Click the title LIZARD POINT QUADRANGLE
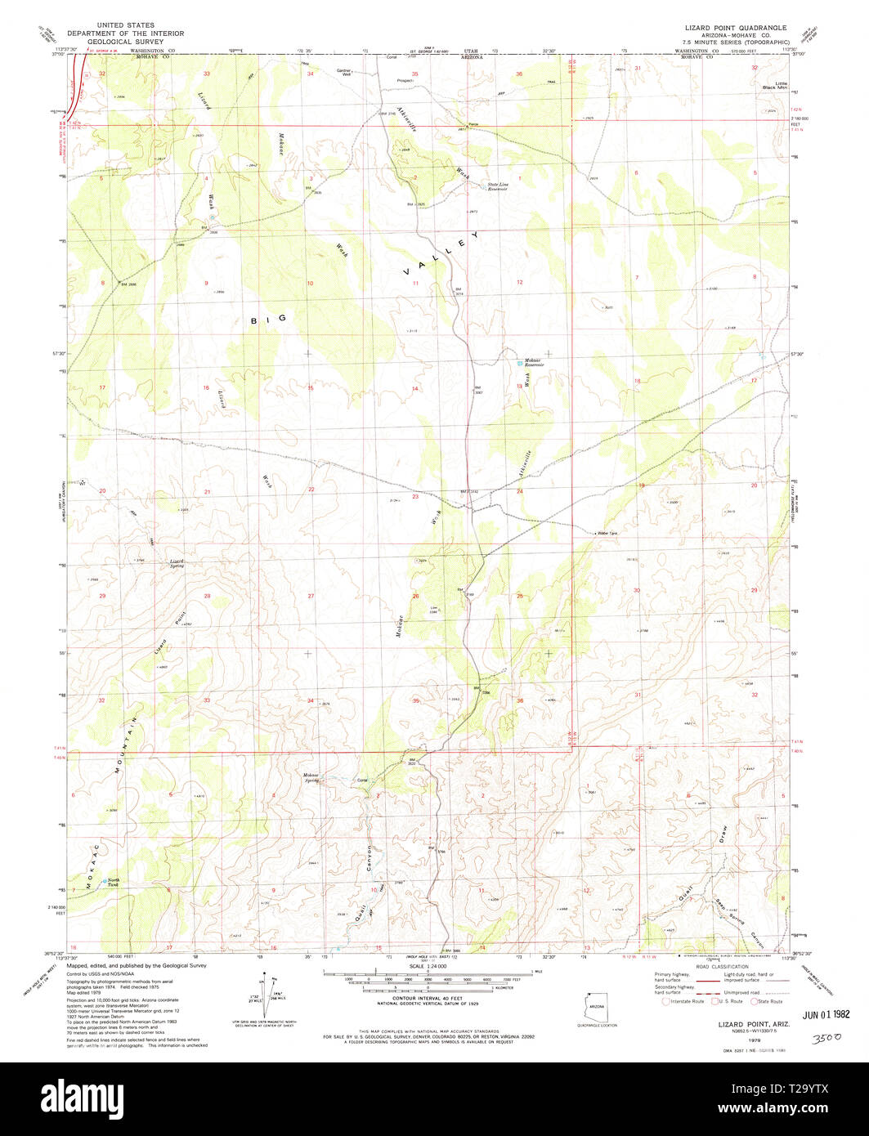point(736,27)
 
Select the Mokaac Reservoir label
point(534,362)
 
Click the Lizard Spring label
point(177,562)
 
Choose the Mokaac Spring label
point(311,776)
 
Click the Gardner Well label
point(344,72)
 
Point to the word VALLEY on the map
point(440,253)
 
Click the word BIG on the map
point(268,320)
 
